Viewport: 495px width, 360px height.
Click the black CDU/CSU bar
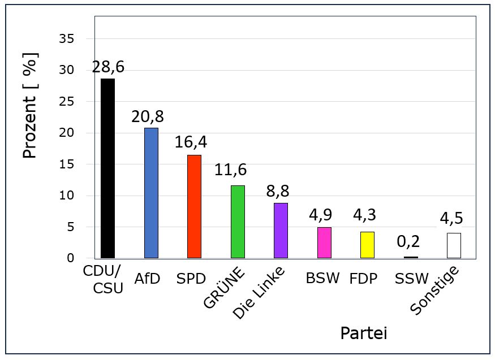[x=107, y=168]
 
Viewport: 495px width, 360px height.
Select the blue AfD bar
[x=151, y=193]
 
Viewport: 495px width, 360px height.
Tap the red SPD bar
[x=194, y=206]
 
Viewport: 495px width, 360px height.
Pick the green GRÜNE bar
[x=238, y=222]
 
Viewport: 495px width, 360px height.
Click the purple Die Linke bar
[x=281, y=231]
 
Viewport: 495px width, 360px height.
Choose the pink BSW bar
[x=324, y=243]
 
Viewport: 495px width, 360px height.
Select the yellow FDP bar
[x=368, y=245]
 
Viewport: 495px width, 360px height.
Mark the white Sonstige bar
[x=454, y=246]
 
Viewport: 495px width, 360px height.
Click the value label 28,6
[x=108, y=67]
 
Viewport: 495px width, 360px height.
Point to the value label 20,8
[x=148, y=116]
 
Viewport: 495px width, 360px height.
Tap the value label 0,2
[x=408, y=241]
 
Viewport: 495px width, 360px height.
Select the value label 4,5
[x=451, y=218]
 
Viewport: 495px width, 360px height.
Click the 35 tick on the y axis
[x=66, y=39]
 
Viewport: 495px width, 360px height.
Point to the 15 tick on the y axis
[x=66, y=164]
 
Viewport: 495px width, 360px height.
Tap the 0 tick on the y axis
[x=70, y=258]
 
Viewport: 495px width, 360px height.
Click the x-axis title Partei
[x=364, y=333]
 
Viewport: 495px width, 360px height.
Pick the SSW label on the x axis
[x=412, y=279]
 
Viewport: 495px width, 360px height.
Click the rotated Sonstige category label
[x=434, y=290]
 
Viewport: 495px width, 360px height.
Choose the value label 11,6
[x=230, y=170]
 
